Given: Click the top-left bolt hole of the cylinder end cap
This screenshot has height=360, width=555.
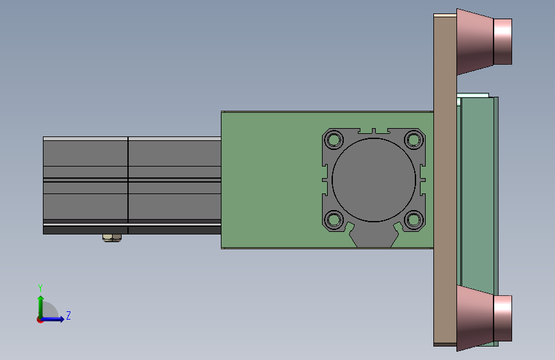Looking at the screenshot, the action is (x=334, y=140).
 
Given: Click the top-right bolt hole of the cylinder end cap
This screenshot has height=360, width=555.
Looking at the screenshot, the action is (x=414, y=140).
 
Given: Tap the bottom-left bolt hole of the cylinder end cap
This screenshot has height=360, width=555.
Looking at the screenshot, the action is (x=334, y=220).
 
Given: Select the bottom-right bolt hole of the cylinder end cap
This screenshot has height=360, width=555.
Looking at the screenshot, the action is (x=414, y=220).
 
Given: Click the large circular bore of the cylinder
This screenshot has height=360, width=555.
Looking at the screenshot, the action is (x=374, y=179).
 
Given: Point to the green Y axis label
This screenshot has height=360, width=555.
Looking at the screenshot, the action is (x=40, y=288).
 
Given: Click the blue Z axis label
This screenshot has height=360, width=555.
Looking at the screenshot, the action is (x=68, y=315).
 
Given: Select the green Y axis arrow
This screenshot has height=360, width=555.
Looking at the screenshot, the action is (x=41, y=307).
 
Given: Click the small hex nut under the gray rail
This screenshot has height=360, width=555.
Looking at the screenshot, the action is (x=112, y=238).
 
